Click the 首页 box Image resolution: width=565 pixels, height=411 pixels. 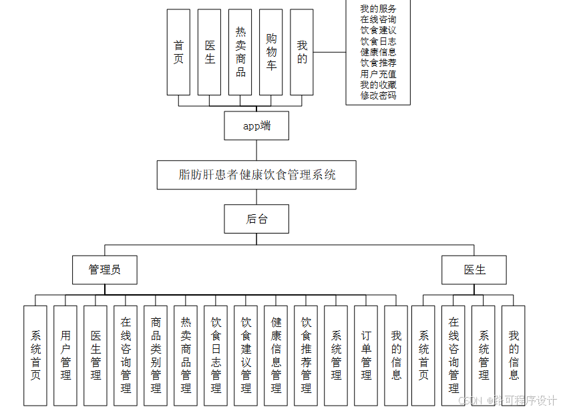pyautogui.click(x=178, y=51)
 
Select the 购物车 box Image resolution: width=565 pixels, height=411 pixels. pyautogui.click(x=270, y=51)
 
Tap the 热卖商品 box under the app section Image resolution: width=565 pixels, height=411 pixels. pyautogui.click(x=240, y=51)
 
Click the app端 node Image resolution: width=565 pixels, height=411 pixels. pyautogui.click(x=256, y=125)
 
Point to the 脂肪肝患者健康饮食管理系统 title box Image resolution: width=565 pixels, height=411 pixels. pyautogui.click(x=256, y=175)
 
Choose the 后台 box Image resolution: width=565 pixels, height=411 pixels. pyautogui.click(x=256, y=219)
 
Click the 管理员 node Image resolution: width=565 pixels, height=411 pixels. pyautogui.click(x=105, y=270)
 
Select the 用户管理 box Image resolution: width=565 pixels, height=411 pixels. pyautogui.click(x=65, y=355)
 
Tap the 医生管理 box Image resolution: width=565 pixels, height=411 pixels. pyautogui.click(x=96, y=355)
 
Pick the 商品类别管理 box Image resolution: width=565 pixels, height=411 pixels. pyautogui.click(x=156, y=355)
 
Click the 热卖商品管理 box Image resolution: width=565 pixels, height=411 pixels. pyautogui.click(x=186, y=355)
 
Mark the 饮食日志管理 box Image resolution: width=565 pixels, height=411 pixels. pyautogui.click(x=216, y=355)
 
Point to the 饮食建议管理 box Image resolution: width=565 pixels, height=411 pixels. pyautogui.click(x=246, y=355)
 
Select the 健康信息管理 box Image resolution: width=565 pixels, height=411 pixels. pyautogui.click(x=276, y=355)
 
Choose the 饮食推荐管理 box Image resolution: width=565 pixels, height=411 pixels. pyautogui.click(x=306, y=355)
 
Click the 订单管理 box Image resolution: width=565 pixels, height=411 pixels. pyautogui.click(x=366, y=355)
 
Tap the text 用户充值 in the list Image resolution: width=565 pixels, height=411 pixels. pyautogui.click(x=378, y=74)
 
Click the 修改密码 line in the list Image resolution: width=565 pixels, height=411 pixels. pyautogui.click(x=378, y=95)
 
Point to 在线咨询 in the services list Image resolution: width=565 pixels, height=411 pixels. pyautogui.click(x=378, y=19)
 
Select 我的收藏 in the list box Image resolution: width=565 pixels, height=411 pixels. pyautogui.click(x=378, y=85)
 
